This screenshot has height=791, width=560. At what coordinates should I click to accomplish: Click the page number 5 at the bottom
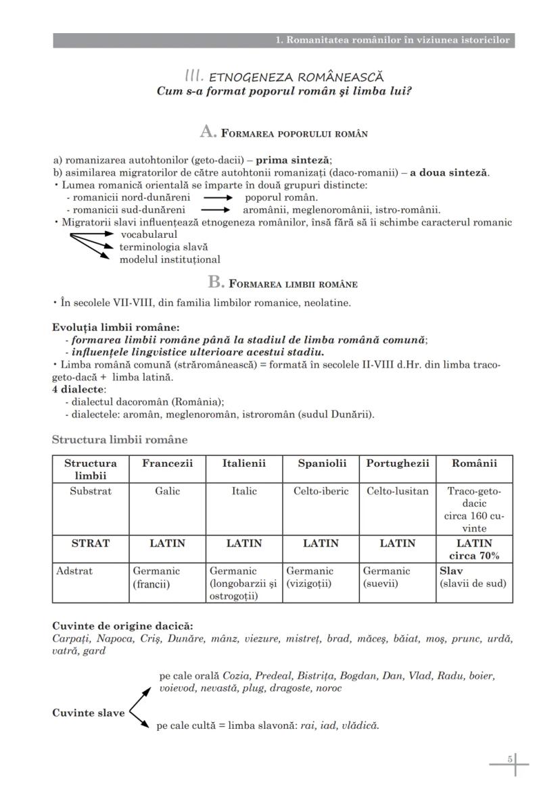510,759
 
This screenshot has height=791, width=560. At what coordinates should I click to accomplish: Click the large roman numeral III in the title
195,76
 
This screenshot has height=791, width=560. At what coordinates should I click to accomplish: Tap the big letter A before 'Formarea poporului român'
208,132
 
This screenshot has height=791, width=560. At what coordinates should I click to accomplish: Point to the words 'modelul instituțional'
170,259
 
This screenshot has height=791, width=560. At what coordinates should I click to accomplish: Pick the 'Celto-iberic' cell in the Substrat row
321,491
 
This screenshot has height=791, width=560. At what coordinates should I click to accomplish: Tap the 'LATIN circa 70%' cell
474,550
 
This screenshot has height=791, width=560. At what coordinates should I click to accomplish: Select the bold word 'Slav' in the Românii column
451,571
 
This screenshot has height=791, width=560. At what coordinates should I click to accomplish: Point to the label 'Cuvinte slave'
88,713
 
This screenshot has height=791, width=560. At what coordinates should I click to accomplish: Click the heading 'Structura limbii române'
120,440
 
